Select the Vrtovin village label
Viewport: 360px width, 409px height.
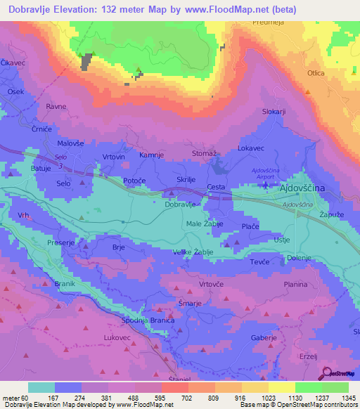tap(114, 156)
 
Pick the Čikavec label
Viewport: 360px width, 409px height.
tap(13, 62)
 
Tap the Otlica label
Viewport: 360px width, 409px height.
tap(316, 73)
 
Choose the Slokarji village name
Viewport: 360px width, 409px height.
tap(274, 112)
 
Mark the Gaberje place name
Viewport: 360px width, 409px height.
tap(263, 338)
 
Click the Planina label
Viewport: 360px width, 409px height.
tap(295, 284)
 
